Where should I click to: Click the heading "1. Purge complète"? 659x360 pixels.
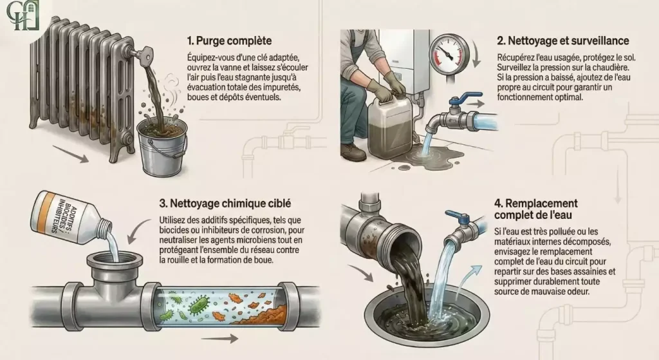(230, 41)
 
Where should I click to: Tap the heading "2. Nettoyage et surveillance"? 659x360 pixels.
(562, 41)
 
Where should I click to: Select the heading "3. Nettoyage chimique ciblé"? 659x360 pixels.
(225, 204)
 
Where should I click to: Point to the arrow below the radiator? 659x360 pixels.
(71, 153)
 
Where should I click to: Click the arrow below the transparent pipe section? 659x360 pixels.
(220, 338)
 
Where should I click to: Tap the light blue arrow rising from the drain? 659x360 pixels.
(468, 280)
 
